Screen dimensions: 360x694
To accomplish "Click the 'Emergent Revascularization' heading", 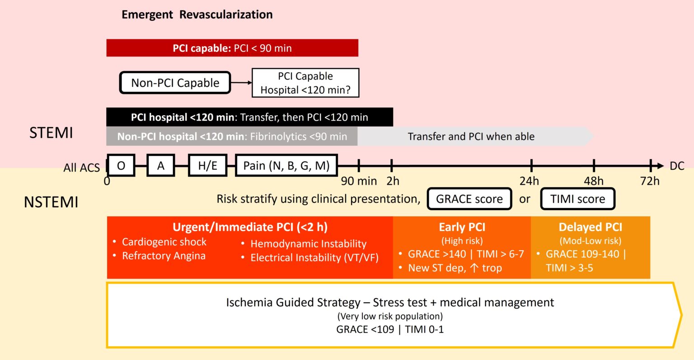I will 197,14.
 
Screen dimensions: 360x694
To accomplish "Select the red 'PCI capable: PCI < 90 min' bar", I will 232,48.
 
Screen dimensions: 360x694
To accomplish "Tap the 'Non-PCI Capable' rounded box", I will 175,83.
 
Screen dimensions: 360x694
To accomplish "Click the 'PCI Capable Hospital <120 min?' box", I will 305,83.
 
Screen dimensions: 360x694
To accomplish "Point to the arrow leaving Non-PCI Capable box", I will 241,83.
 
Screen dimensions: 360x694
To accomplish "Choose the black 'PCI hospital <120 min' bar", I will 249,117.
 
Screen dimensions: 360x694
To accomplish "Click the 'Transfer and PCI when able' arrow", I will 471,136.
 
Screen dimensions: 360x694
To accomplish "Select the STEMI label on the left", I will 51,133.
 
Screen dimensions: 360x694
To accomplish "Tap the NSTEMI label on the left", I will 51,202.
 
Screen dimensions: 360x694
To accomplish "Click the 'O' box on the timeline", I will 121,166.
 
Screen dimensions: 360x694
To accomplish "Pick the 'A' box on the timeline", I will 161,166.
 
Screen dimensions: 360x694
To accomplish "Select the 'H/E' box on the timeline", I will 207,166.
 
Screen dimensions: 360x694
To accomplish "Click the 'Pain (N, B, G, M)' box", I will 286,166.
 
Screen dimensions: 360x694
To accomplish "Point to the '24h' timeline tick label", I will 529,181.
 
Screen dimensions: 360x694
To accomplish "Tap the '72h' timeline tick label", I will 650,181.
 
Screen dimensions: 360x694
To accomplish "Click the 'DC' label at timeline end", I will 677,166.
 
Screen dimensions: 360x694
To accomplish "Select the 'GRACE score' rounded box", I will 469,199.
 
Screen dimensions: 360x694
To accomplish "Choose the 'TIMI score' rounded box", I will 577,199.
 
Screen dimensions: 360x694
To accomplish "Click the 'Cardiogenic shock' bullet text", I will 164,242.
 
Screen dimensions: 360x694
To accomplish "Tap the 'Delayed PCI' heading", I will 590,227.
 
